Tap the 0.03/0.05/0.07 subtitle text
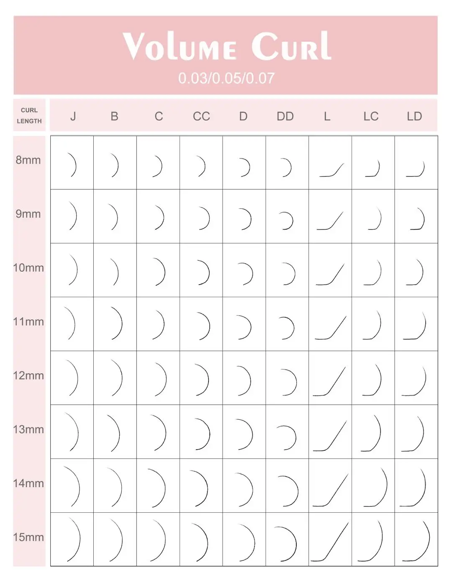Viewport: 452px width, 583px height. (x=226, y=78)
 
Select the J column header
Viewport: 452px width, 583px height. (x=73, y=116)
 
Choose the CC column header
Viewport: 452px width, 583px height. (x=201, y=116)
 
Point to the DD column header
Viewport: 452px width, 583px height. (x=285, y=116)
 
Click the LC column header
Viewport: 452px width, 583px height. (x=371, y=116)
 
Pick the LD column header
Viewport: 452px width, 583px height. (x=414, y=116)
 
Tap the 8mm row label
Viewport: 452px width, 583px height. (x=28, y=160)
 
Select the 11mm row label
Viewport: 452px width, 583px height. (x=28, y=322)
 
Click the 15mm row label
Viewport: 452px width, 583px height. (x=28, y=537)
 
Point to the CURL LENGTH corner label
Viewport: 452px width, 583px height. (x=29, y=116)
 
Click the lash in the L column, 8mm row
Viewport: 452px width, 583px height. (x=331, y=170)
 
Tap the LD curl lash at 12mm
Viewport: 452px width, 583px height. (x=416, y=381)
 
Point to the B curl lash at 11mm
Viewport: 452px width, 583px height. (x=116, y=323)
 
